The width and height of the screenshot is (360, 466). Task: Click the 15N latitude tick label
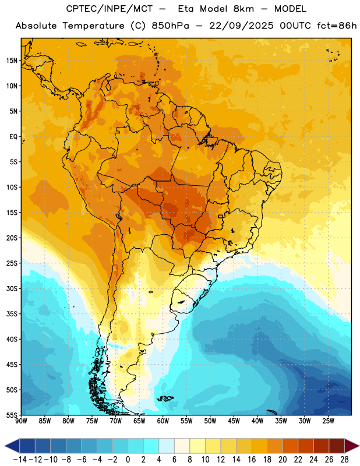tap(12, 61)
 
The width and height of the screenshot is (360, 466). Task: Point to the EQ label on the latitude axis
tap(13, 137)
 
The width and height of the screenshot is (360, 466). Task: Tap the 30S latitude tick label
tap(12, 288)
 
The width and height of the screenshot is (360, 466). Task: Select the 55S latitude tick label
tap(12, 415)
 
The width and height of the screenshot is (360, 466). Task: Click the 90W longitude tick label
tap(21, 421)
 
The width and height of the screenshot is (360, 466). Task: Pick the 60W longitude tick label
tap(163, 421)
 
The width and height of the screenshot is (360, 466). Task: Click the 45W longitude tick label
tap(234, 421)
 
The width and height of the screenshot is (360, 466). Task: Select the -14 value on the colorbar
tap(20, 460)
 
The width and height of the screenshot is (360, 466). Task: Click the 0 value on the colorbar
tap(128, 460)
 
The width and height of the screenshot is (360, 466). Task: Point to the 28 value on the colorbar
tap(344, 460)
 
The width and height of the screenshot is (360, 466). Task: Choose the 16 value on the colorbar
tap(252, 460)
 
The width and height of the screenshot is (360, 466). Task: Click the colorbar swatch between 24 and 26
tap(322, 446)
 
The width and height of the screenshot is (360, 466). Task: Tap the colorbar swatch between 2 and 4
tap(151, 446)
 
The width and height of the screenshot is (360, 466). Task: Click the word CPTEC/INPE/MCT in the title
tap(110, 9)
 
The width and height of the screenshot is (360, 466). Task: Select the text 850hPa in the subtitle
tap(170, 26)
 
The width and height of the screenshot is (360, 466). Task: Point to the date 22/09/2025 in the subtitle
tap(241, 26)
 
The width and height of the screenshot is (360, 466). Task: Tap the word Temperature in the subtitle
tap(93, 26)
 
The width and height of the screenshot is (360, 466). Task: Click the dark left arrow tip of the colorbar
tap(5, 446)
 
